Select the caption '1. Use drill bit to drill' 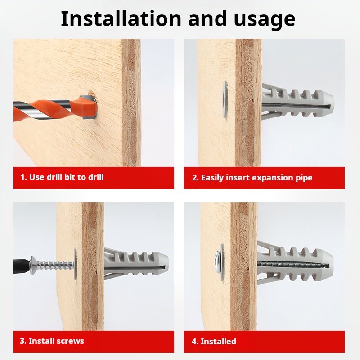[x=62, y=177]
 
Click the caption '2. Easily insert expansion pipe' [x=252, y=177]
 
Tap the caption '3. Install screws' [x=52, y=341]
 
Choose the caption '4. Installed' [x=214, y=341]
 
